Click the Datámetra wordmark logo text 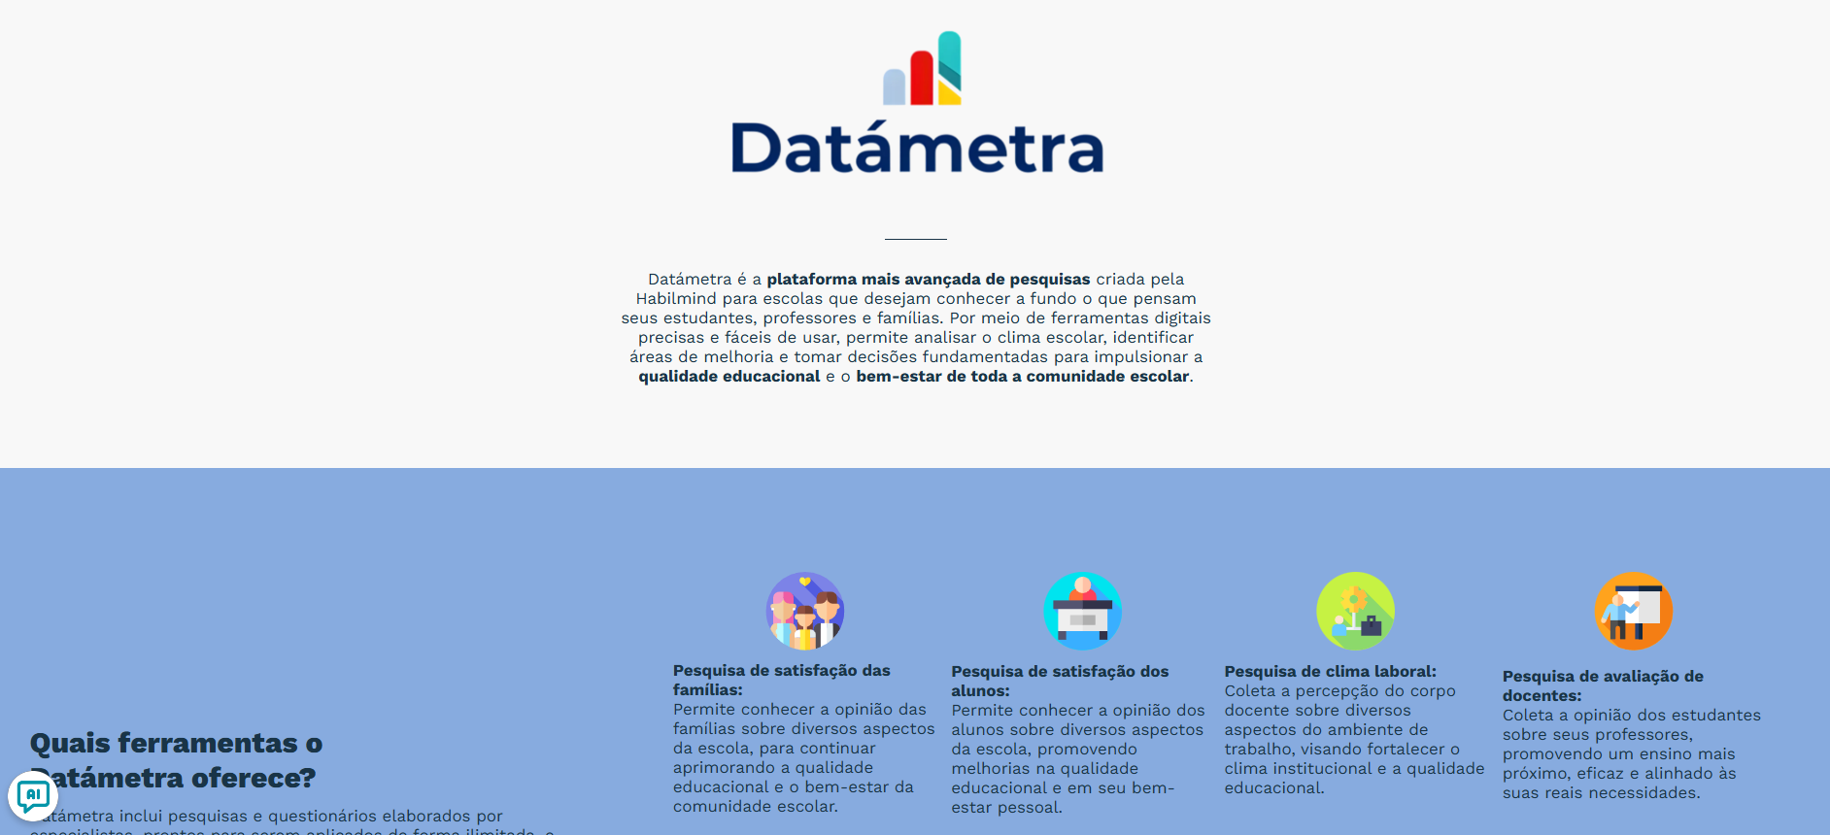tap(917, 149)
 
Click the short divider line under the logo tap(915, 239)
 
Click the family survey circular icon tap(805, 611)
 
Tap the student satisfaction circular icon tap(1083, 611)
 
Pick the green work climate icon tap(1355, 611)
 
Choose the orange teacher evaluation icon tap(1633, 611)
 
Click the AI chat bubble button tap(33, 796)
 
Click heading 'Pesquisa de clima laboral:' tap(1330, 672)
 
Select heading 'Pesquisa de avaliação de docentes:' tap(1603, 685)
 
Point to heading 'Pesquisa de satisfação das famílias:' tap(781, 680)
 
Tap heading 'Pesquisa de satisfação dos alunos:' tap(1060, 681)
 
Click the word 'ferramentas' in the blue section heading tap(208, 744)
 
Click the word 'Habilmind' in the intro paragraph tap(676, 299)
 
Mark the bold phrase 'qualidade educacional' tap(729, 377)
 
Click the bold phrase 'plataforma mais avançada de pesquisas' tap(928, 280)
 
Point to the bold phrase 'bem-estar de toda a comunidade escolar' tap(1022, 377)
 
